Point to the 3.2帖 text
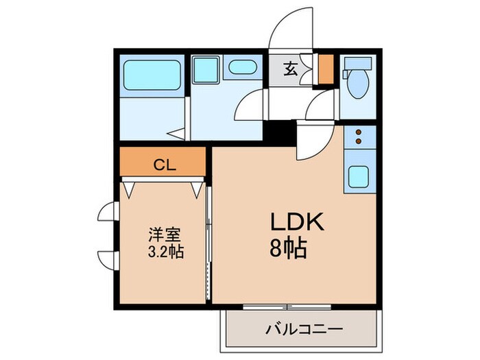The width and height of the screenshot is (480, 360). [165, 252]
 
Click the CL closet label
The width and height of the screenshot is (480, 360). [163, 164]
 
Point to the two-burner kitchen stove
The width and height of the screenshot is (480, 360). [359, 138]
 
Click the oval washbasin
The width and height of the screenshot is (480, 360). [241, 68]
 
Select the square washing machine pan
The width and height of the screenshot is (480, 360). [204, 69]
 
